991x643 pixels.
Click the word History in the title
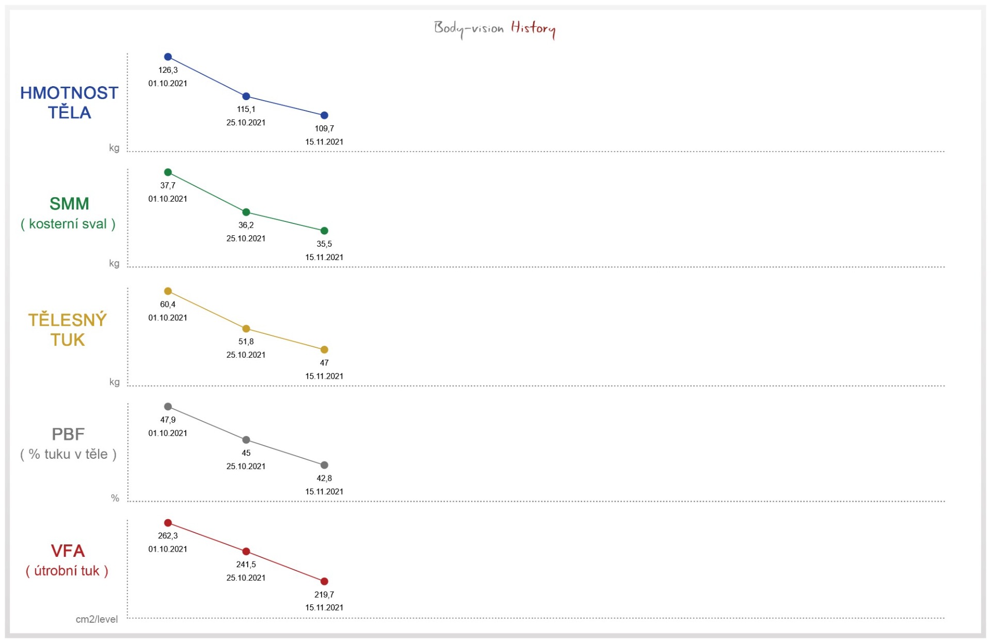click(x=533, y=28)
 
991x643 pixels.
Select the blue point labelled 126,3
click(x=168, y=57)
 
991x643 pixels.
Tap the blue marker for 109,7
click(x=324, y=116)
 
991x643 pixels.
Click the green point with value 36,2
click(x=246, y=212)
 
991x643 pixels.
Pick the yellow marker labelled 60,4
click(x=168, y=291)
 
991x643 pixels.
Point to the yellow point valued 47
click(x=324, y=350)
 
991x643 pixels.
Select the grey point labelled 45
click(x=246, y=440)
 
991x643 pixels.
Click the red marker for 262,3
click(x=168, y=523)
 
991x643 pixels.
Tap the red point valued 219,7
click(x=324, y=582)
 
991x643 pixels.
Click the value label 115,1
click(x=246, y=109)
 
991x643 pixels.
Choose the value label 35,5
click(x=324, y=244)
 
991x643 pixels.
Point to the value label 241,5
click(x=246, y=565)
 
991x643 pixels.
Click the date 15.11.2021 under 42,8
click(x=324, y=492)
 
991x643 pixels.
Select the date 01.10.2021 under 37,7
click(x=168, y=199)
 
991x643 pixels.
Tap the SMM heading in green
click(x=69, y=204)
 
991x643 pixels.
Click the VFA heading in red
click(x=68, y=551)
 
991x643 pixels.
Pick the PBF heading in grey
click(x=68, y=435)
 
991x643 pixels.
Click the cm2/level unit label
click(x=97, y=619)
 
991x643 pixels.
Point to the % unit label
click(x=115, y=498)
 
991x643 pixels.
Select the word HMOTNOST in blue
click(x=69, y=93)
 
